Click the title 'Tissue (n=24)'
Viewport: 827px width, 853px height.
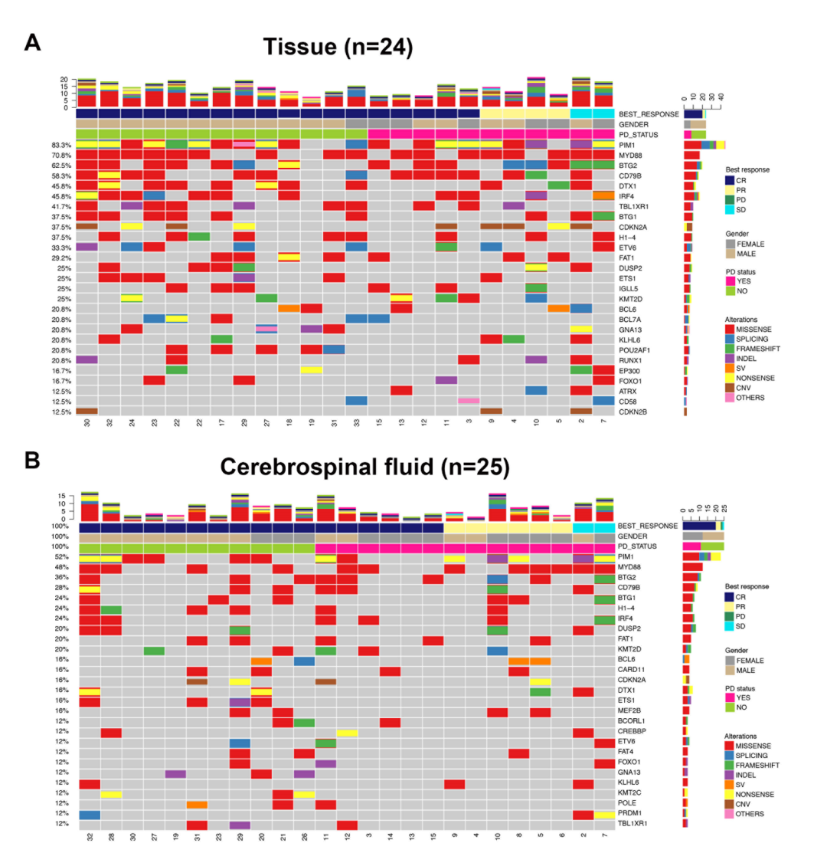338,48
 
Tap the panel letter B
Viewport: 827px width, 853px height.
33,461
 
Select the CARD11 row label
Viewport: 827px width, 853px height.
632,671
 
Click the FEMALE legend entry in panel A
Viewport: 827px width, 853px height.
753,243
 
